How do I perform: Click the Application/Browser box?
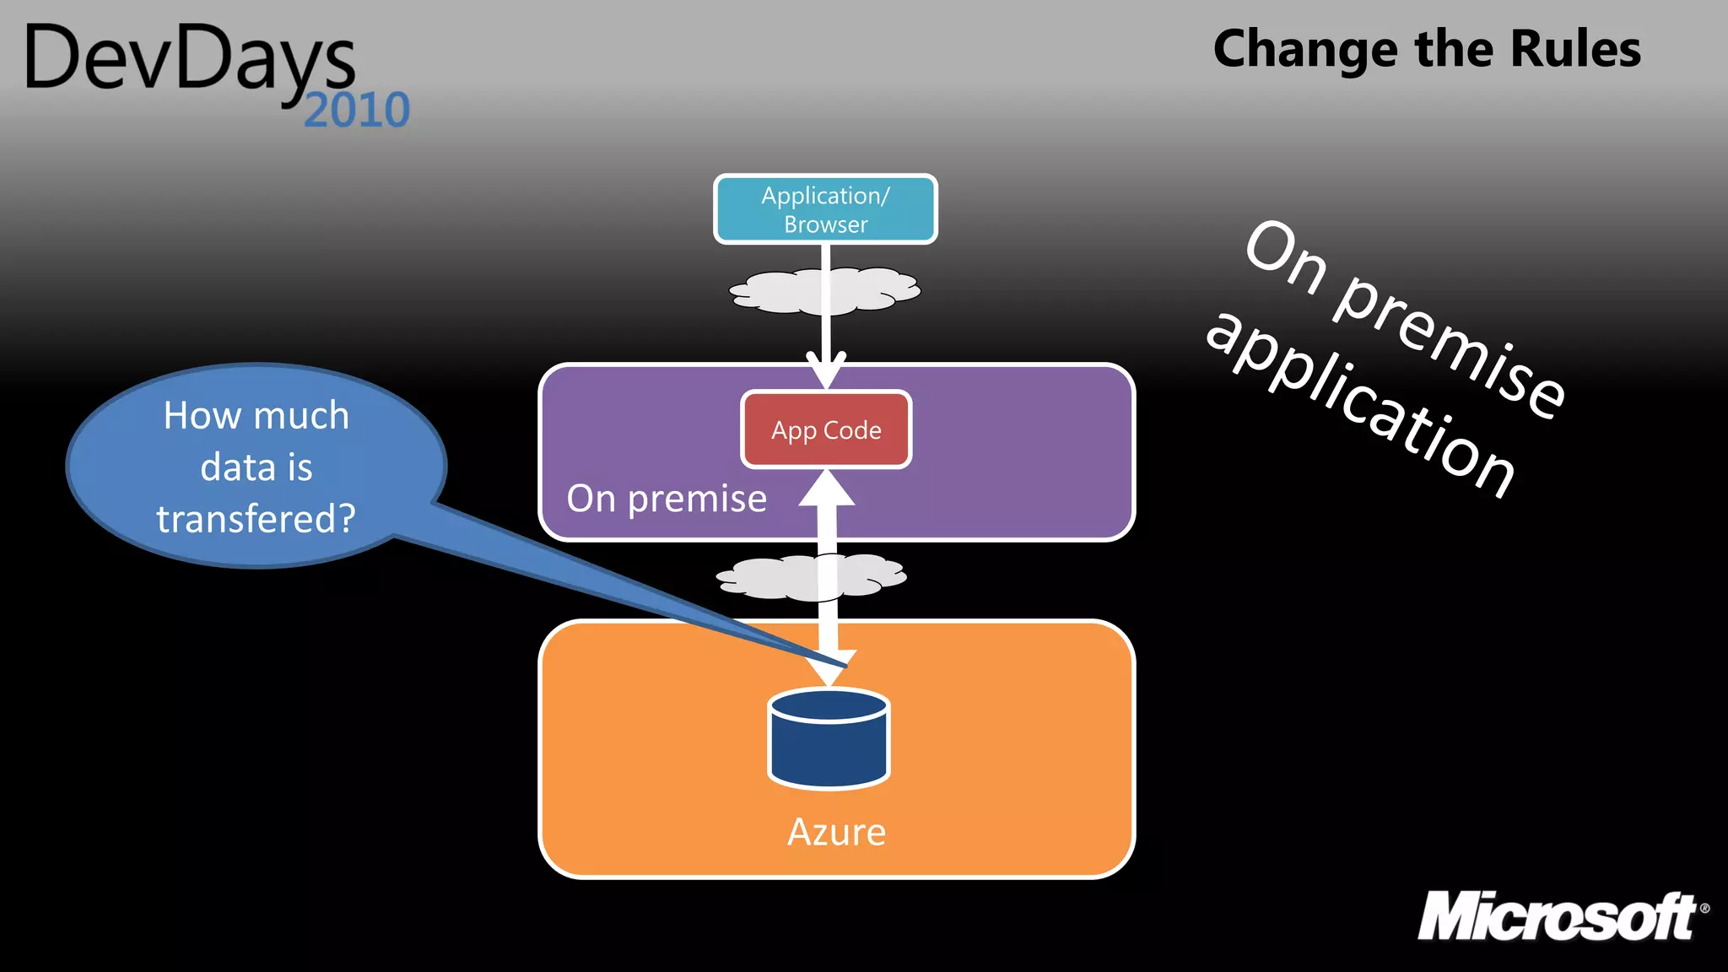[x=825, y=209]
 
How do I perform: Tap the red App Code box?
[x=826, y=429]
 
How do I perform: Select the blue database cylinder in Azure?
[x=829, y=740]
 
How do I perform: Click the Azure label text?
[x=836, y=832]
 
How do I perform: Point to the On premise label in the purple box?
[x=667, y=499]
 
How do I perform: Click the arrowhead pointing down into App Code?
[x=826, y=371]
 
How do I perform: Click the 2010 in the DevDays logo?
[x=356, y=111]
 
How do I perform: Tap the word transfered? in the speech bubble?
[x=256, y=518]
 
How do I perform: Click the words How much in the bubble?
[x=256, y=415]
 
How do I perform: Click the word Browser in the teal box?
[x=825, y=224]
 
